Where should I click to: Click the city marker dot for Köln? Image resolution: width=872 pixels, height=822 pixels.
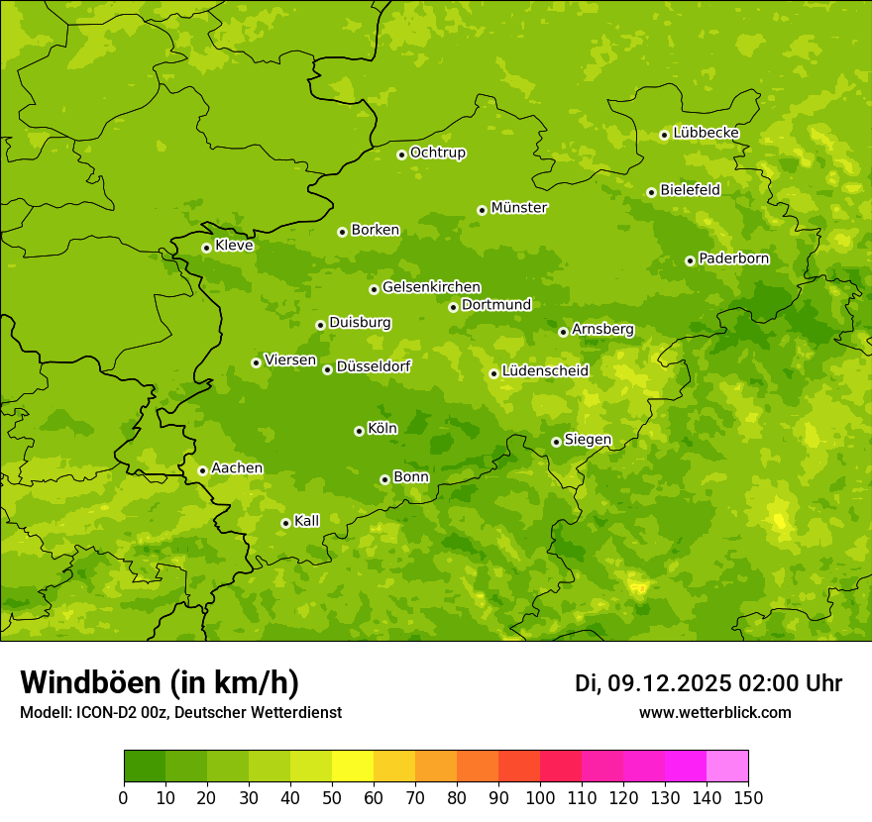click(359, 431)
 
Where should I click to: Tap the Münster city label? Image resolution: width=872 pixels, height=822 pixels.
click(518, 208)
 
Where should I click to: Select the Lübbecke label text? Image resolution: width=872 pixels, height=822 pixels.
click(706, 133)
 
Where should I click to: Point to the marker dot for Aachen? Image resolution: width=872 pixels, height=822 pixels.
click(202, 470)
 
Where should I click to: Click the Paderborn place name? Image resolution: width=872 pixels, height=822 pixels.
click(733, 258)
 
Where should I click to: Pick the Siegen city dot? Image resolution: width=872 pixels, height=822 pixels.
click(556, 442)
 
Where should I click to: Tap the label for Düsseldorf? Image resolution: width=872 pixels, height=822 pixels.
click(373, 366)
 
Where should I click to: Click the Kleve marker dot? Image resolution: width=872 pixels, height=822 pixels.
click(206, 248)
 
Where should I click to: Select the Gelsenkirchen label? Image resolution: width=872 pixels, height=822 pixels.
click(431, 287)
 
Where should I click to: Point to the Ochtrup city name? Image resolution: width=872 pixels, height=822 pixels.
click(437, 153)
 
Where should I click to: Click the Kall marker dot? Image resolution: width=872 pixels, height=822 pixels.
click(285, 523)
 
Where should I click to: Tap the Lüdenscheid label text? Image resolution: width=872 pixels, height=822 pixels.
click(545, 371)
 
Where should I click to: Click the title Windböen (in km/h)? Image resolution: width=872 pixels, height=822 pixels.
click(160, 682)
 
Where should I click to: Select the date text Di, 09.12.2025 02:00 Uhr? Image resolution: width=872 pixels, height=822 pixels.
click(708, 683)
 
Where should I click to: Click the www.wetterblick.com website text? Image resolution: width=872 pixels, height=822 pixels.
click(714, 712)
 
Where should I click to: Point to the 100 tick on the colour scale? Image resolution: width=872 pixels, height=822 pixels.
click(540, 797)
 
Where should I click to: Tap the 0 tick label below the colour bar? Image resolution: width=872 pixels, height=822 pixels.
click(124, 797)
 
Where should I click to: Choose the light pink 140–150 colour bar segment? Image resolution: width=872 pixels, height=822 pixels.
click(727, 767)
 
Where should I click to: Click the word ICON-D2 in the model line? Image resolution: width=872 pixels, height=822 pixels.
click(104, 712)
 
